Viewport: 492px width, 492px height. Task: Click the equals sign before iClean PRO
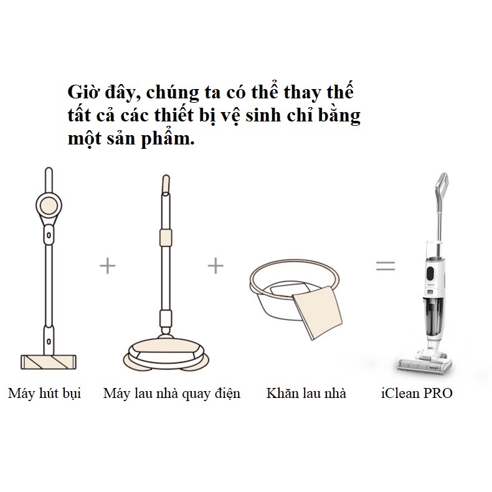coord(386,266)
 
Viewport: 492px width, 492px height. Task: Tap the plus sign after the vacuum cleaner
coord(108,266)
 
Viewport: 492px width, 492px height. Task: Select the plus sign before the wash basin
coord(215,266)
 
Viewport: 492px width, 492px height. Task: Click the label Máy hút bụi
coord(45,394)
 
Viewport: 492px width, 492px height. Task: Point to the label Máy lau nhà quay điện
coord(172,394)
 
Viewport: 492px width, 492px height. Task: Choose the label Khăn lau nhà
coord(306,393)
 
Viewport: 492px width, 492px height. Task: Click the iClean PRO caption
coord(417,393)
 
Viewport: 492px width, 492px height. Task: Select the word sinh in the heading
coord(263,115)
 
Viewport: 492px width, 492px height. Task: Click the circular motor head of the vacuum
coord(49,206)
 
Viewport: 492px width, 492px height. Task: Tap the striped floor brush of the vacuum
coord(49,362)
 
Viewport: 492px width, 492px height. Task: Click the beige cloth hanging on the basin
coord(318,313)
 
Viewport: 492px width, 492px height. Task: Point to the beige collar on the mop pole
coord(166,237)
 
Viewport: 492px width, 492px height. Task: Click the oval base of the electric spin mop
coord(166,354)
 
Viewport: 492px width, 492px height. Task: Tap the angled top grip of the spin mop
coord(166,184)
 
